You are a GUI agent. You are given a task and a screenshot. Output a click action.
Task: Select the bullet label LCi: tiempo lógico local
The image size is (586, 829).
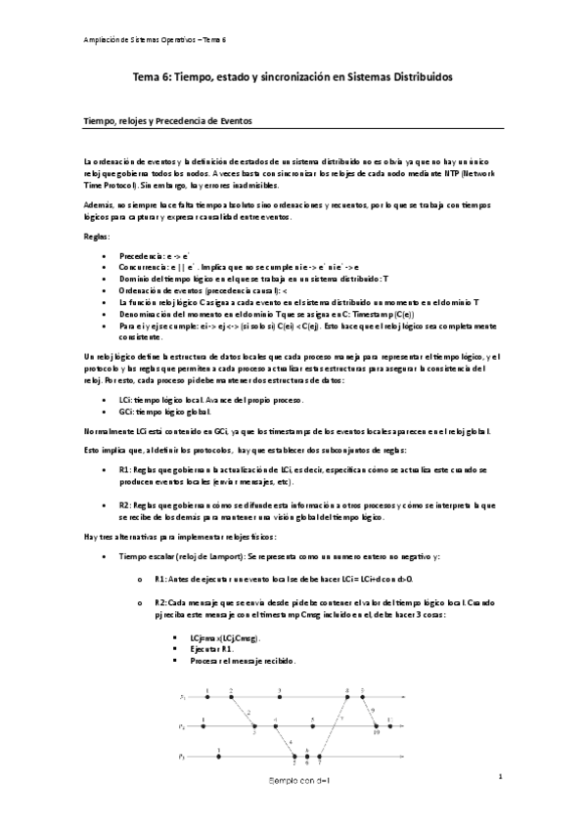(172, 401)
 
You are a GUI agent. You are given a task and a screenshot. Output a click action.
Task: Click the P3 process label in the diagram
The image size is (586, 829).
(183, 757)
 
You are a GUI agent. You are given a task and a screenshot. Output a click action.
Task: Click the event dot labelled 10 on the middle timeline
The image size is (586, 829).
(377, 726)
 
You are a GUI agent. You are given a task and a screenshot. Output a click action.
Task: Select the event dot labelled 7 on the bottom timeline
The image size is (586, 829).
(320, 756)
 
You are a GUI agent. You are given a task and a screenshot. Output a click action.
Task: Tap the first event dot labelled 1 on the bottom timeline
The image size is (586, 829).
(219, 756)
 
